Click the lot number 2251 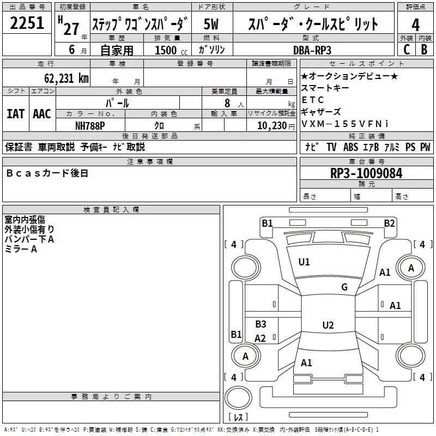(x=27, y=24)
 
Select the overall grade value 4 (x=415, y=25)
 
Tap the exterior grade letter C (x=406, y=49)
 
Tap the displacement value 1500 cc (x=169, y=50)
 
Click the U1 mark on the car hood (x=304, y=262)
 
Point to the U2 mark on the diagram (x=328, y=325)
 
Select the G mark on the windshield (x=344, y=287)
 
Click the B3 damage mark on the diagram (x=261, y=324)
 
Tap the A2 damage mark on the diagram (x=260, y=338)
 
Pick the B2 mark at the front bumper (x=389, y=223)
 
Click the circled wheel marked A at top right (x=411, y=268)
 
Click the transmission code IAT (x=15, y=114)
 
